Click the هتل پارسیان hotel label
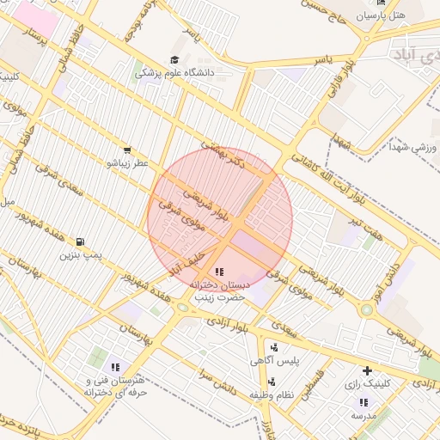pos(402,16)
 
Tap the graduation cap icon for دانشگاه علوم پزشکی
pos(175,60)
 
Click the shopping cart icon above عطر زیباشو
pos(127,150)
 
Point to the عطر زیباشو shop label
pos(127,162)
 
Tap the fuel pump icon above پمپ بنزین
pos(80,242)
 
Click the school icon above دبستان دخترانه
pos(218,272)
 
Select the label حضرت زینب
pos(219,296)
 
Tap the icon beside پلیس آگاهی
pos(274,348)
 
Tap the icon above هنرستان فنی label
pos(115,367)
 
